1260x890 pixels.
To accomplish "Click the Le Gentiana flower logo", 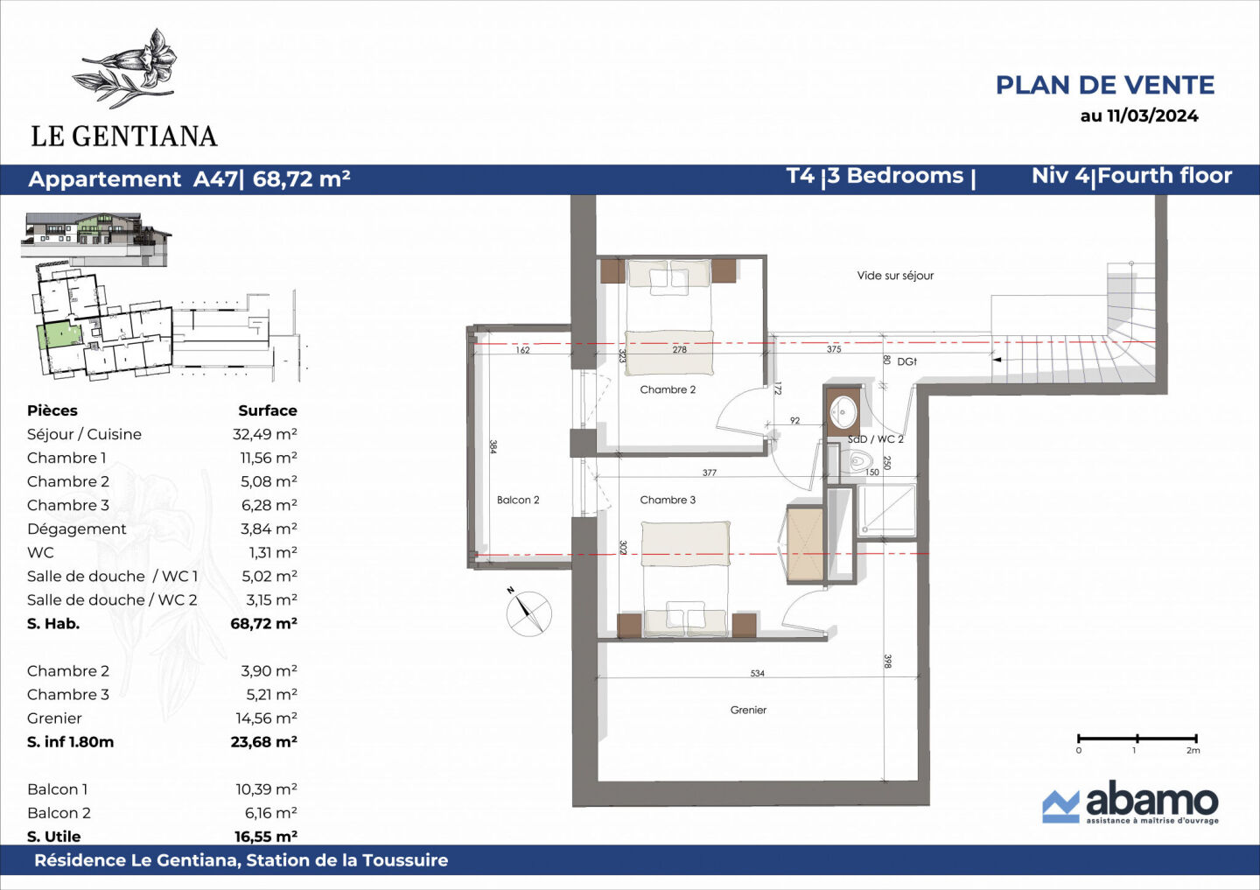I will [129, 68].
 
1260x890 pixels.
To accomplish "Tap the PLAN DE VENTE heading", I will [1104, 85].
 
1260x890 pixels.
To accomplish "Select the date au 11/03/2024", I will [1138, 116].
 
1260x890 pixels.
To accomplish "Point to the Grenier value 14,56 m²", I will [266, 718].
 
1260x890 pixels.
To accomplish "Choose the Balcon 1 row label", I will [58, 788].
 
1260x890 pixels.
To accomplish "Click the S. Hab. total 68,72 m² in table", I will [263, 623].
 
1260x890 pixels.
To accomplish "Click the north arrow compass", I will [528, 613].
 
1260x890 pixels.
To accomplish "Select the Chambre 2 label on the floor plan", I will [668, 389].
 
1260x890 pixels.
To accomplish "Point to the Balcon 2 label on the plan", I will [518, 500].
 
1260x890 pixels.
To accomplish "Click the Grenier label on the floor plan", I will [748, 710].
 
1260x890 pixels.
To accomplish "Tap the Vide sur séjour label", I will [895, 276].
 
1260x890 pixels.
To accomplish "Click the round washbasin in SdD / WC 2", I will [844, 410].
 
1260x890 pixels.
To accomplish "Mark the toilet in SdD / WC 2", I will [858, 460].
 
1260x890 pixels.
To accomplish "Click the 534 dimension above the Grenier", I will [757, 673].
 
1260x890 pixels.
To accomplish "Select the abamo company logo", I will [1130, 802].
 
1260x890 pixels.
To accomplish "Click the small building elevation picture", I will [95, 237].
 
